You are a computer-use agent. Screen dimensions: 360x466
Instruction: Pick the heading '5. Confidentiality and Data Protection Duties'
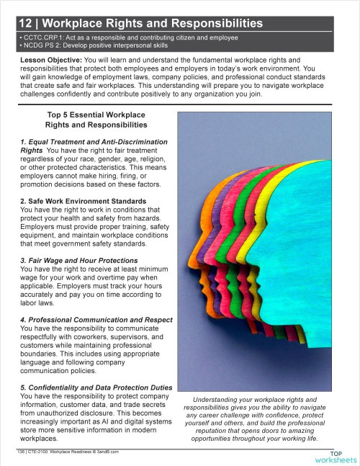point(96,387)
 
